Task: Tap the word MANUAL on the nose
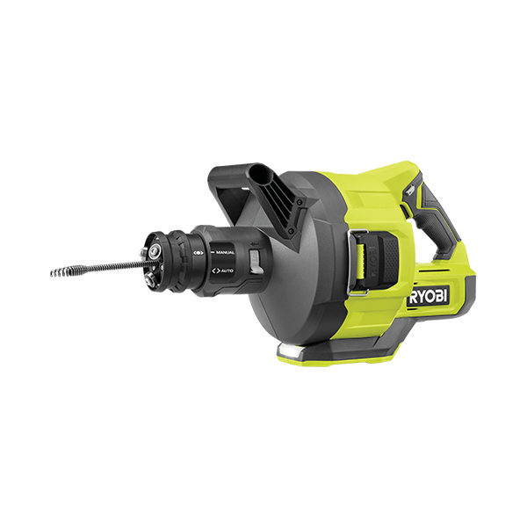(x=224, y=252)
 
